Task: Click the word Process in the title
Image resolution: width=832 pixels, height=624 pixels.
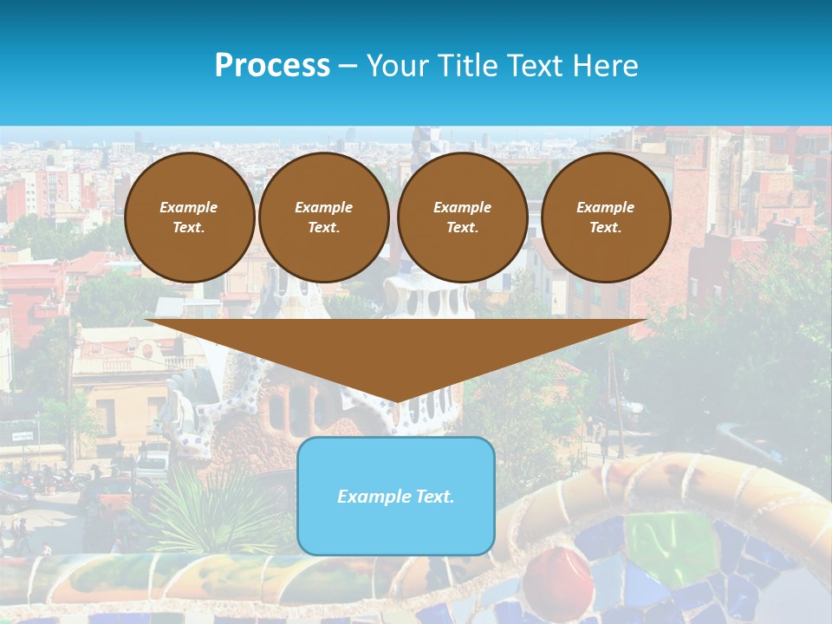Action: [272, 66]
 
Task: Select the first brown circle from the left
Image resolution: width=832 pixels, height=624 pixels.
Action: [189, 217]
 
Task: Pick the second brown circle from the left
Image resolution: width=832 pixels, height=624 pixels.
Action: [324, 217]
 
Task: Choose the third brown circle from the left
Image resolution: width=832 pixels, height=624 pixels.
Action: [462, 217]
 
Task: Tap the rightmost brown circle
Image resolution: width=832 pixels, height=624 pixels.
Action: [605, 217]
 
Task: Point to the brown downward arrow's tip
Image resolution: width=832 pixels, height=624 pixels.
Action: [396, 400]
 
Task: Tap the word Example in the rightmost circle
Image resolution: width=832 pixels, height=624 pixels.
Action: [605, 207]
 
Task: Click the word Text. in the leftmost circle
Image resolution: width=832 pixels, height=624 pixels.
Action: [189, 227]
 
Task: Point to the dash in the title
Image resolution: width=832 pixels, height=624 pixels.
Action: [348, 66]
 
